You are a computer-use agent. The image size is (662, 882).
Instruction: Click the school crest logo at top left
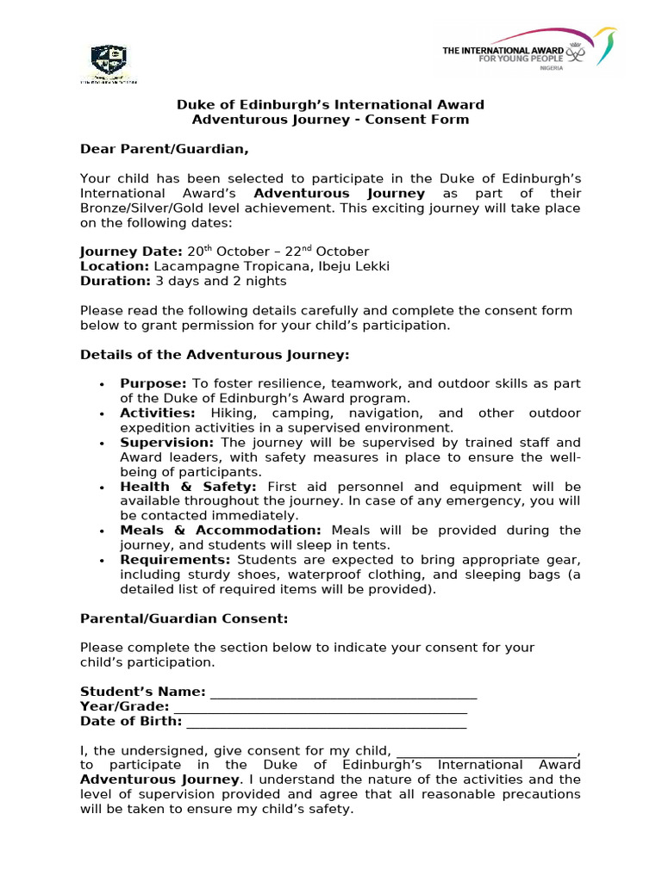pyautogui.click(x=109, y=62)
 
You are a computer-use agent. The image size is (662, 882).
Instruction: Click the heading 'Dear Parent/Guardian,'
pyautogui.click(x=164, y=149)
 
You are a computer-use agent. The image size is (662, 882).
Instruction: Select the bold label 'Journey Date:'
pyautogui.click(x=131, y=252)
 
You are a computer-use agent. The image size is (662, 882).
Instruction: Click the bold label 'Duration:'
pyautogui.click(x=116, y=281)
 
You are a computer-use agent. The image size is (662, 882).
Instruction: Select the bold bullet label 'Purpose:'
pyautogui.click(x=153, y=383)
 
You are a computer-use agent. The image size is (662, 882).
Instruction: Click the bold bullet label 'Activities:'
pyautogui.click(x=158, y=413)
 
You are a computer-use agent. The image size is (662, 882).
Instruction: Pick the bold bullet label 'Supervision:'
pyautogui.click(x=166, y=442)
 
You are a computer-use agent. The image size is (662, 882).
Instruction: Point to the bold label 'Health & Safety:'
pyautogui.click(x=188, y=487)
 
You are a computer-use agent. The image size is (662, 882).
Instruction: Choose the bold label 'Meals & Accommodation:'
pyautogui.click(x=220, y=531)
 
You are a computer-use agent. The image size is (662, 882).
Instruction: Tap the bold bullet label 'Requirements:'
pyautogui.click(x=175, y=560)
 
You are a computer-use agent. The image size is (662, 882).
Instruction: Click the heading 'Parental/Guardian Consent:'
pyautogui.click(x=184, y=618)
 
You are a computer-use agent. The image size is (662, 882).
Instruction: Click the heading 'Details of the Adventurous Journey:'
pyautogui.click(x=215, y=354)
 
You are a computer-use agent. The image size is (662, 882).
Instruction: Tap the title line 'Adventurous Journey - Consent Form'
pyautogui.click(x=330, y=120)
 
